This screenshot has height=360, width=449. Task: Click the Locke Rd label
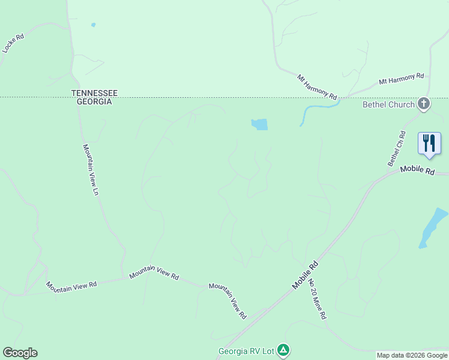pyautogui.click(x=13, y=43)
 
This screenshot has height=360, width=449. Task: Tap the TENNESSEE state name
pyautogui.click(x=94, y=93)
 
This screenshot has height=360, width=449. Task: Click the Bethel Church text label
pyautogui.click(x=388, y=104)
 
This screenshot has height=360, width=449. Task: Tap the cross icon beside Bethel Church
pyautogui.click(x=424, y=104)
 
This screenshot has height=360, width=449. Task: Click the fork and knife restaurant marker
pyautogui.click(x=429, y=144)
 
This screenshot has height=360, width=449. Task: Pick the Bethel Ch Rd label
pyautogui.click(x=397, y=149)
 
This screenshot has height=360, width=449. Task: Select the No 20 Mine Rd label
pyautogui.click(x=317, y=298)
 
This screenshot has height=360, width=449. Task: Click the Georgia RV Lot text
pyautogui.click(x=246, y=350)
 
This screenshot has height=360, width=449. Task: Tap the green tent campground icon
pyautogui.click(x=283, y=350)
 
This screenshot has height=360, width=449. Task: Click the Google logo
pyautogui.click(x=20, y=353)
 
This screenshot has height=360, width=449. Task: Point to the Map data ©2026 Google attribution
pyautogui.click(x=412, y=355)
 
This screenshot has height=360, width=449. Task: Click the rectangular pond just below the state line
pyautogui.click(x=259, y=125)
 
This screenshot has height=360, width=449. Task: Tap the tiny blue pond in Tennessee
pyautogui.click(x=92, y=25)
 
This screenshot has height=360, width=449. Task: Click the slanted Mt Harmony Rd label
pyautogui.click(x=318, y=87)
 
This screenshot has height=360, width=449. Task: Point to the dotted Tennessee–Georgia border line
pyautogui.click(x=180, y=97)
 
